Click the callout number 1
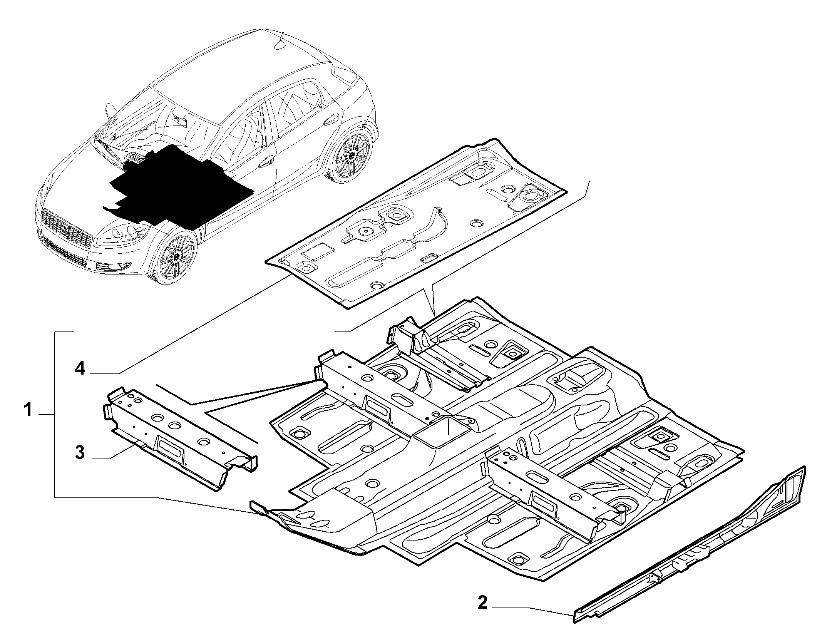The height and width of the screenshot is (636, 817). (28, 410)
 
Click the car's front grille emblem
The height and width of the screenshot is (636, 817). (64, 230)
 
